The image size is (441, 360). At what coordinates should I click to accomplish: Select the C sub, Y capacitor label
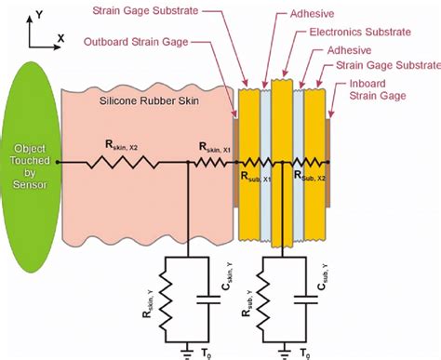pyautogui.click(x=318, y=281)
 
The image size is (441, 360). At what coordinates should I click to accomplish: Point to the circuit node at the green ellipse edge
pyautogui.click(x=59, y=162)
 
